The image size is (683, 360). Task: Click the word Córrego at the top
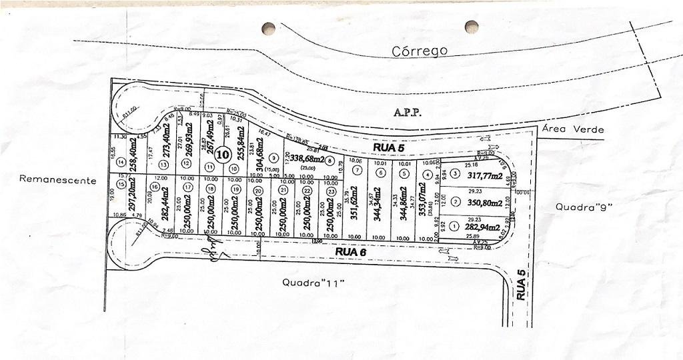tap(420, 51)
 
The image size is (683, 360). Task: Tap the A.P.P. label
tap(408, 113)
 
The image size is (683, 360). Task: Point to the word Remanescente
tap(58, 180)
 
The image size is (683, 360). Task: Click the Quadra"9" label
tap(584, 207)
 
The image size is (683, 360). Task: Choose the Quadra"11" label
tap(313, 283)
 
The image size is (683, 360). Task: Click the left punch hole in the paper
tap(268, 28)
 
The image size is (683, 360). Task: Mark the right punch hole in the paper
tap(472, 27)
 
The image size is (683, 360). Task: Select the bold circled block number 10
tap(223, 154)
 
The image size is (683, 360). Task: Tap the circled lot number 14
tap(121, 162)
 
